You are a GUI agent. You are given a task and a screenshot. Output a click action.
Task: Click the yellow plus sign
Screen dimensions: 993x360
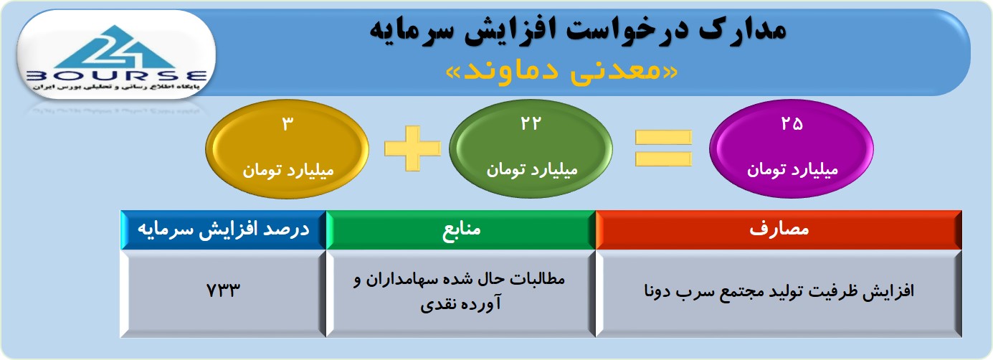pyautogui.click(x=413, y=148)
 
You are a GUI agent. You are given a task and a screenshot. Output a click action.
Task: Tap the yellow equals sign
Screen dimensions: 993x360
pyautogui.click(x=663, y=148)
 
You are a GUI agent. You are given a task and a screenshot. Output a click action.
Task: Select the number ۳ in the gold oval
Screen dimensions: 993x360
pyautogui.click(x=288, y=124)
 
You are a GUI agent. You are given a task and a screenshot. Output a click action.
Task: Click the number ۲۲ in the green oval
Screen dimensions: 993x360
pyautogui.click(x=531, y=123)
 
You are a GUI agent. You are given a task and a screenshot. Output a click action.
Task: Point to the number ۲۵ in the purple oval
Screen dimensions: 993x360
pyautogui.click(x=792, y=123)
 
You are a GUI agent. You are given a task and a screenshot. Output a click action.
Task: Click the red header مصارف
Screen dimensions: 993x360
pyautogui.click(x=779, y=229)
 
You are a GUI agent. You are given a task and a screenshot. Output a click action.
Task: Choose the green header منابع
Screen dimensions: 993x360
pyautogui.click(x=461, y=229)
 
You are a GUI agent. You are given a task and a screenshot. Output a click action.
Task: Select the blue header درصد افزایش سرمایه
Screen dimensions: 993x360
pyautogui.click(x=224, y=229)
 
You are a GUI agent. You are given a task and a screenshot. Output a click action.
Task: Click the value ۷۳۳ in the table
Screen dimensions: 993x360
pyautogui.click(x=224, y=290)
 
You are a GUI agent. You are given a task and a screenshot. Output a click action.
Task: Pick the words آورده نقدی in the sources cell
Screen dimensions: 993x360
pyautogui.click(x=461, y=304)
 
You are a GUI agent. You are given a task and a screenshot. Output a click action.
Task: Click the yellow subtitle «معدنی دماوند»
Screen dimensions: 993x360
pyautogui.click(x=561, y=72)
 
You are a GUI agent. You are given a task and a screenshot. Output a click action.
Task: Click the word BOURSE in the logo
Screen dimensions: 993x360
pyautogui.click(x=117, y=76)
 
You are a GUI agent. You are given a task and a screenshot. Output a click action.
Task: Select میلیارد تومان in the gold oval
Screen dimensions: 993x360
pyautogui.click(x=288, y=171)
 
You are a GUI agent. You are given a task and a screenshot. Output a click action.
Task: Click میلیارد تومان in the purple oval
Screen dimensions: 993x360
pyautogui.click(x=792, y=170)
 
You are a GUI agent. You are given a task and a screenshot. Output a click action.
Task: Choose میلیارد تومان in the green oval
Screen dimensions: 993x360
pyautogui.click(x=532, y=170)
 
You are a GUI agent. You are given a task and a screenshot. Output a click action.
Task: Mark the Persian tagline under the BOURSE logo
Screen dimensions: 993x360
pyautogui.click(x=116, y=87)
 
